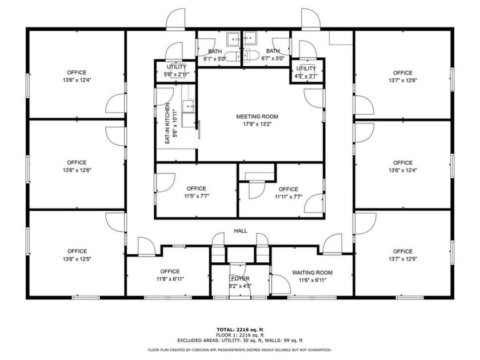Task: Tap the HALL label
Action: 240,231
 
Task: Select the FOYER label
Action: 240,278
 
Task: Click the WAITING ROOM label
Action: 312,273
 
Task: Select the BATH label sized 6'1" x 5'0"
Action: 215,51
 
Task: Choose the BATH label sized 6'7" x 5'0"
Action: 273,51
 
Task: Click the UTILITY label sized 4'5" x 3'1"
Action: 305,69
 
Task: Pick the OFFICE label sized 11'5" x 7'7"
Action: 195,189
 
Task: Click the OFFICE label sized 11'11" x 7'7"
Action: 288,189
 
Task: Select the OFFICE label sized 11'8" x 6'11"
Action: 170,271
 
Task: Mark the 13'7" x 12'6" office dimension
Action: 402,80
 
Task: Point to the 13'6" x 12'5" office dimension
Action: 77,258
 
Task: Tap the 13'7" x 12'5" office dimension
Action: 402,258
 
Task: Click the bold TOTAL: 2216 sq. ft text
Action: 239,330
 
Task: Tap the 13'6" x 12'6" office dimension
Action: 77,170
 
